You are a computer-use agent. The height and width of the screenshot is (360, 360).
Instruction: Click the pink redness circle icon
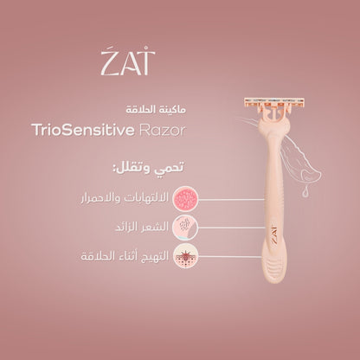(186, 196)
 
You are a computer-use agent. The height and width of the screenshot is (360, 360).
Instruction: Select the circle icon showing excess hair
(186, 227)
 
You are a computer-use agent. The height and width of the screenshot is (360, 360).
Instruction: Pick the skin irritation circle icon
(186, 257)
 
